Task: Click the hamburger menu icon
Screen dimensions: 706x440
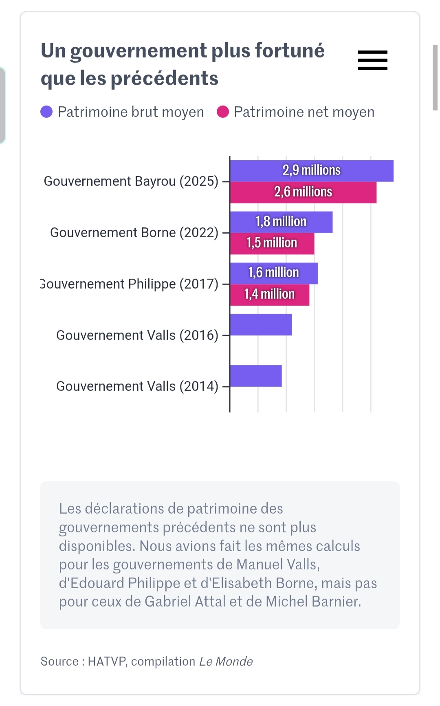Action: pos(372,60)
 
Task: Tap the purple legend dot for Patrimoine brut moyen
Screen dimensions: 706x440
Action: pos(46,112)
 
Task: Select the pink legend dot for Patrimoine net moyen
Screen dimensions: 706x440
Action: pos(223,112)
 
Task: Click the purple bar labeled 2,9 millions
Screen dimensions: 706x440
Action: pos(312,171)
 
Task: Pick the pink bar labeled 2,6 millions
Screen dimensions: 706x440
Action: pos(303,192)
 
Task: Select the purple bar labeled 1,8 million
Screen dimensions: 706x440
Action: pos(281,222)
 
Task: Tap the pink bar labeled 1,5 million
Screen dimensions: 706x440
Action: pos(272,243)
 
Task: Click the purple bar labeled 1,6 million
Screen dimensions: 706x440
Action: pos(273,273)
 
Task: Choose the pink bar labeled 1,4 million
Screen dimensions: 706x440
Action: pos(269,295)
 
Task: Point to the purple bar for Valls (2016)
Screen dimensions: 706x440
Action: pos(261,325)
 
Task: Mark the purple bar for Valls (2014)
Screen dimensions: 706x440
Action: pos(256,376)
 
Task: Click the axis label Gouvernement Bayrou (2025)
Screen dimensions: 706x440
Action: pos(131,181)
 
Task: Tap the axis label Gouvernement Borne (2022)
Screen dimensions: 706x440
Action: pos(134,232)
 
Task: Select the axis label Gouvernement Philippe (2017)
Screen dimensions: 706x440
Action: pos(130,284)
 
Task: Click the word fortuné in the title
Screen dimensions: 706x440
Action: pos(290,51)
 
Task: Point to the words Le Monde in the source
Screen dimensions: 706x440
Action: pos(226,661)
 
